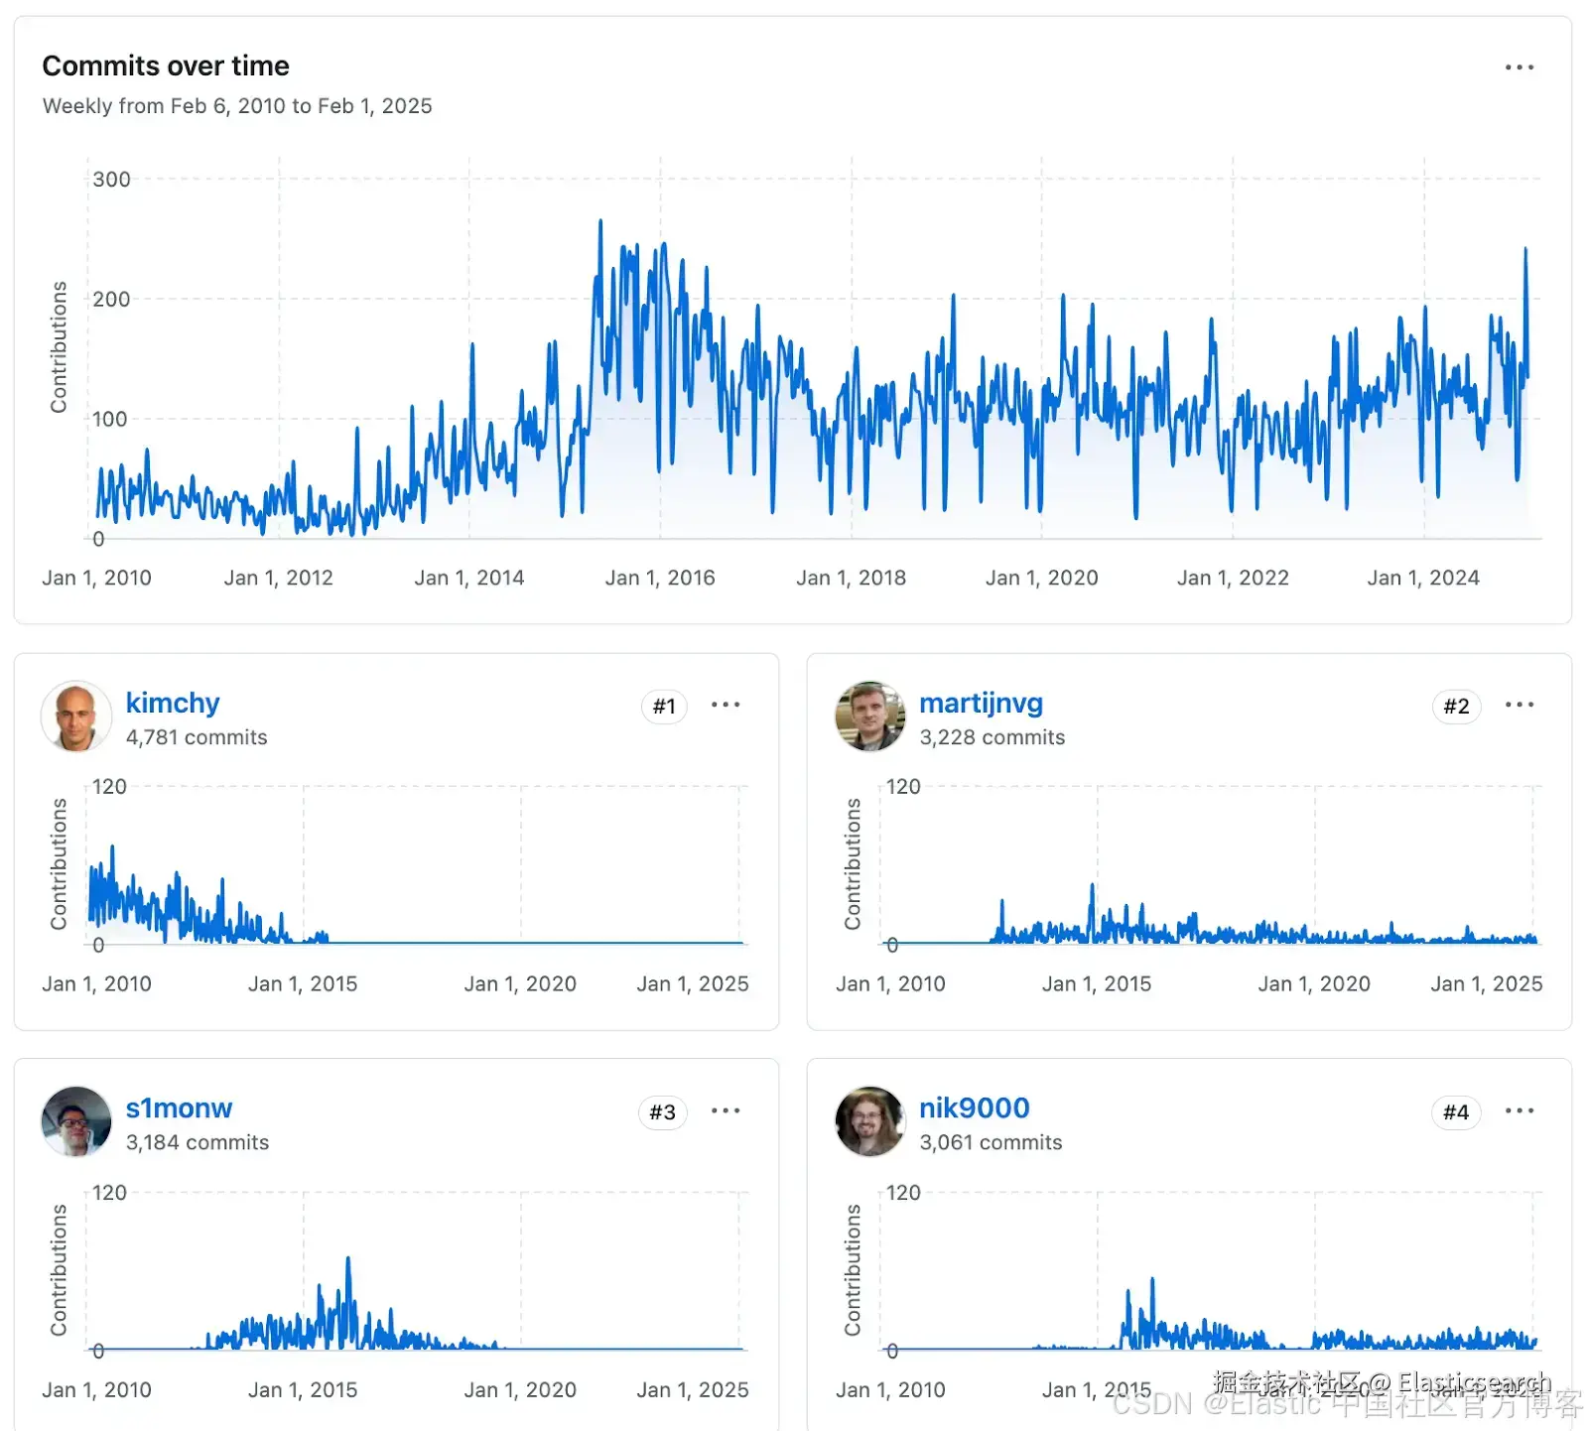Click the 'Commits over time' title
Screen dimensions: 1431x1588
point(166,65)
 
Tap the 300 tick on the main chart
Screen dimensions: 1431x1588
point(111,180)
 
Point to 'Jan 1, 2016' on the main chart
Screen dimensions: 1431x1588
point(660,578)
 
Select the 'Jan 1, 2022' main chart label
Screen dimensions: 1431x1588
point(1233,578)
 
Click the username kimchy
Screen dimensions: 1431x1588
point(173,703)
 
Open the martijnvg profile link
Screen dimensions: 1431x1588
point(981,703)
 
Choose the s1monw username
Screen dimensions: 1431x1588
point(179,1107)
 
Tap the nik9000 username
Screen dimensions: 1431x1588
point(974,1107)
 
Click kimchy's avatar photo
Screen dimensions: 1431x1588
point(76,715)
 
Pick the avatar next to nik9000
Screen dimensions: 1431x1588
point(870,1121)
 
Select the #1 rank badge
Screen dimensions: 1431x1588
point(664,707)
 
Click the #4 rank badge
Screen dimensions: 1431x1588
point(1456,1112)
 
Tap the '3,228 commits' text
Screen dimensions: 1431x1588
point(992,737)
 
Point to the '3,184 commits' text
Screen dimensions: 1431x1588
point(198,1142)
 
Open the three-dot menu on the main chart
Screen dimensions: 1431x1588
point(1520,67)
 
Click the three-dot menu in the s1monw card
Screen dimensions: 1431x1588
point(726,1110)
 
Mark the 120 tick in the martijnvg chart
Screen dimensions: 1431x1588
point(903,787)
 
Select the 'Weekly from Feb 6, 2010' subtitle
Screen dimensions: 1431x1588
point(237,106)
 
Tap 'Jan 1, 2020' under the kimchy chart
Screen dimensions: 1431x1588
point(520,983)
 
